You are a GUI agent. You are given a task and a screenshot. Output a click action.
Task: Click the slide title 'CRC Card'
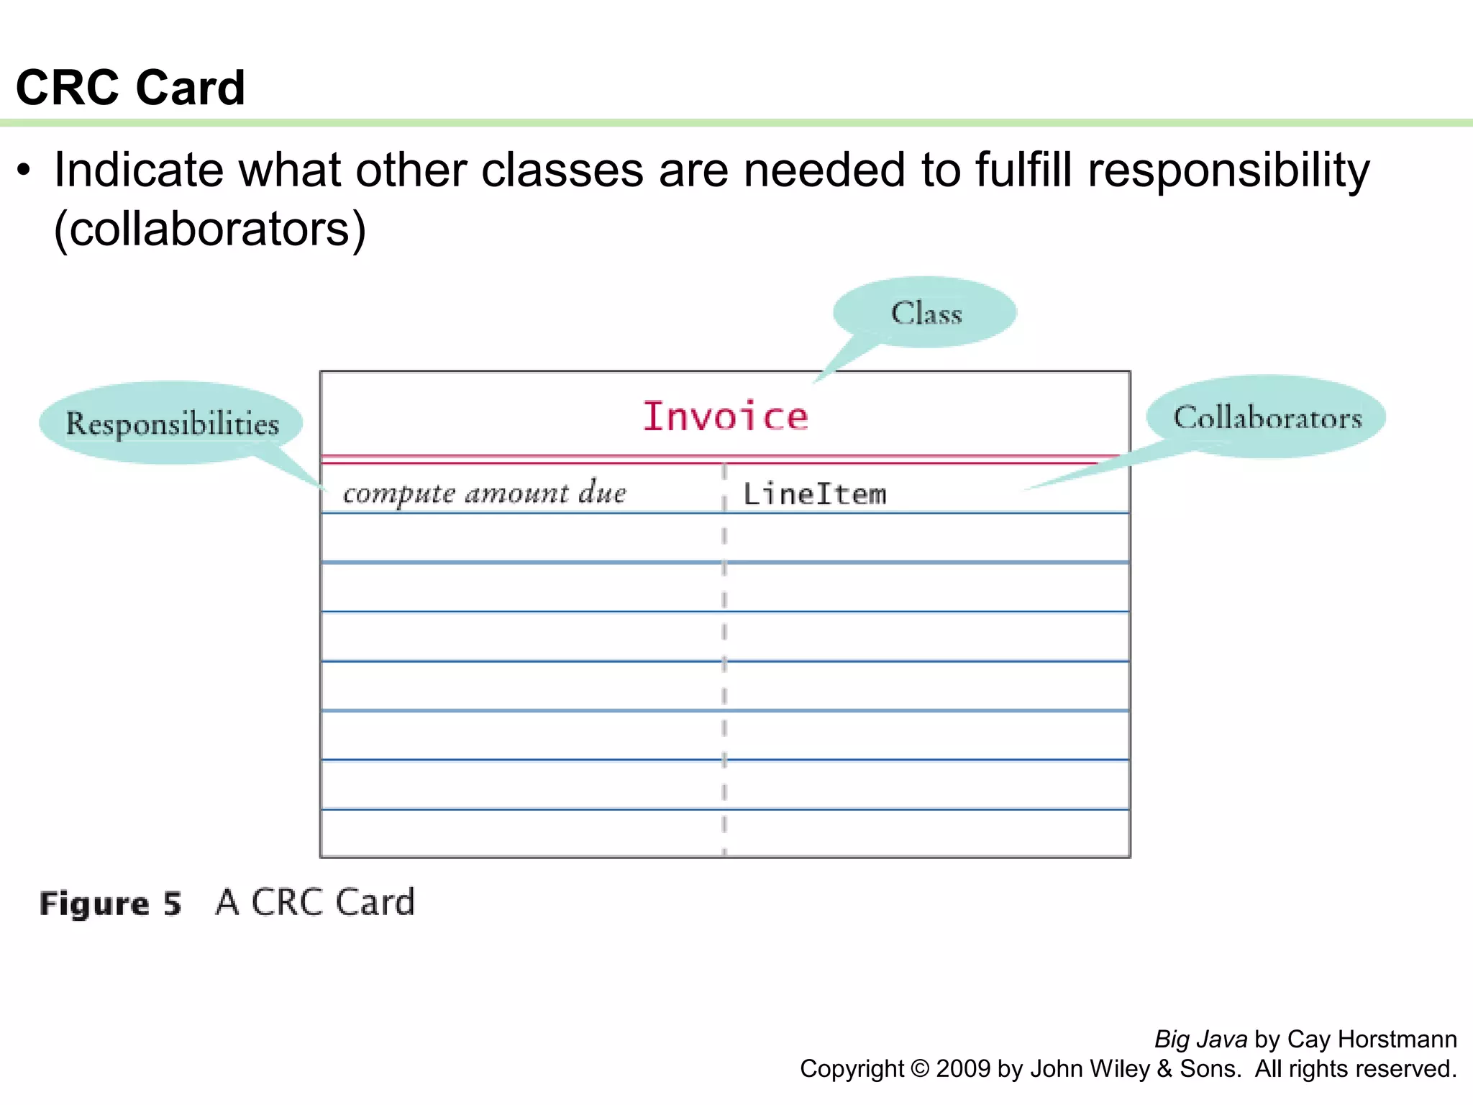tap(130, 88)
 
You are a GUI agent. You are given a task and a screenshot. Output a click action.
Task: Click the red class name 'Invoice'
tap(725, 417)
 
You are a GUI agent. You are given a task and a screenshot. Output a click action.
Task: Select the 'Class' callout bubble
tap(926, 313)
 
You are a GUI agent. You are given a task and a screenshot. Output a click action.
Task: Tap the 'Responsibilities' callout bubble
tap(172, 423)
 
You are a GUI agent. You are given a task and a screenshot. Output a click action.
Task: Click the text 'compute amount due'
tap(484, 494)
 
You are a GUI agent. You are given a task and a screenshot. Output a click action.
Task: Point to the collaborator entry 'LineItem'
tap(814, 494)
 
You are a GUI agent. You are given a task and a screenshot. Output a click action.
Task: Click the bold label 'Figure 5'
tap(110, 903)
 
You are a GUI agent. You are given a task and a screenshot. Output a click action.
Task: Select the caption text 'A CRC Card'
tap(315, 902)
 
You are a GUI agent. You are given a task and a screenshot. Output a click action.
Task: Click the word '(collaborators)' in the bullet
tap(210, 229)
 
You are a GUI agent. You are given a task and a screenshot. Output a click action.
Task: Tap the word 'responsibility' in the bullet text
tap(1228, 170)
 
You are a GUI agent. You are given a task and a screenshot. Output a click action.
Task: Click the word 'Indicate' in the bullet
tap(139, 170)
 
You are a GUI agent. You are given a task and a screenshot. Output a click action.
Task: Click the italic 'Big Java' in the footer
tap(1200, 1039)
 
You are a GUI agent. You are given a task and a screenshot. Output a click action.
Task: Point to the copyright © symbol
tap(920, 1068)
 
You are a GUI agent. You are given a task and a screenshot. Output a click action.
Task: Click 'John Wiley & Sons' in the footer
tap(1135, 1068)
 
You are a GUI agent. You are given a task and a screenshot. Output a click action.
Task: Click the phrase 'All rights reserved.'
tap(1355, 1068)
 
